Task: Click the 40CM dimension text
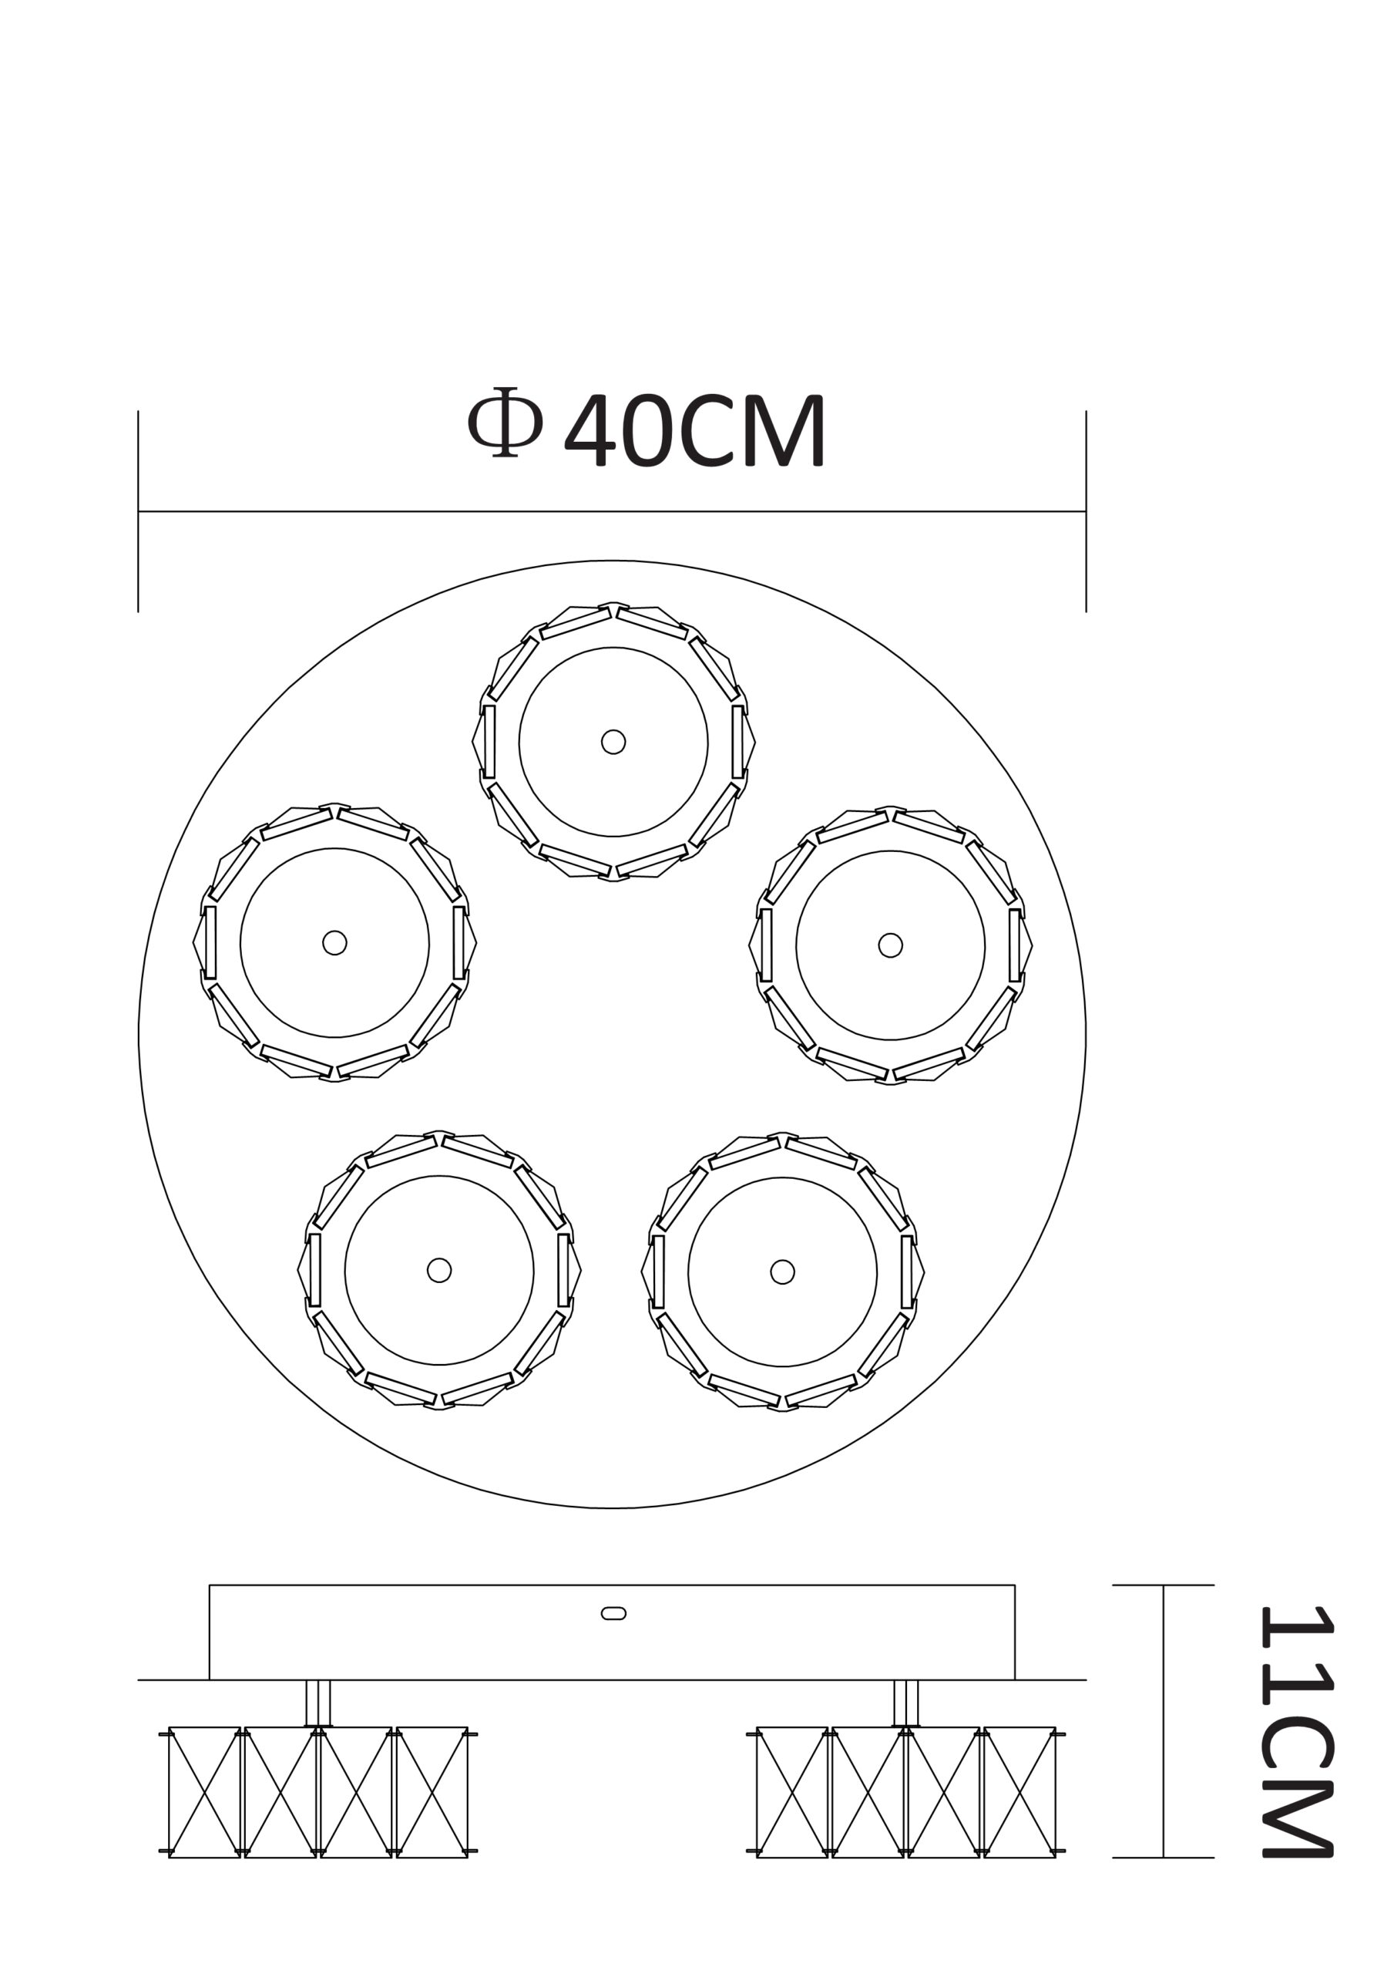[695, 431]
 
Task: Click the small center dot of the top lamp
[613, 742]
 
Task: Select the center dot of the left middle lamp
[334, 943]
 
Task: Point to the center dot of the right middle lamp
[890, 945]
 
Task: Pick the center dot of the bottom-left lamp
[439, 1270]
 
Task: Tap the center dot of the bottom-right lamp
[782, 1272]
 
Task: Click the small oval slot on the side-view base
[613, 1613]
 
